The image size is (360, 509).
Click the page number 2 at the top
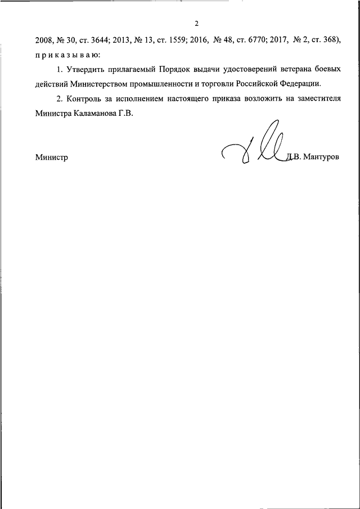tap(196, 24)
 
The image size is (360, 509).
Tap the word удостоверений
tap(253, 70)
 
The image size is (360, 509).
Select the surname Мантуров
tap(322, 158)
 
